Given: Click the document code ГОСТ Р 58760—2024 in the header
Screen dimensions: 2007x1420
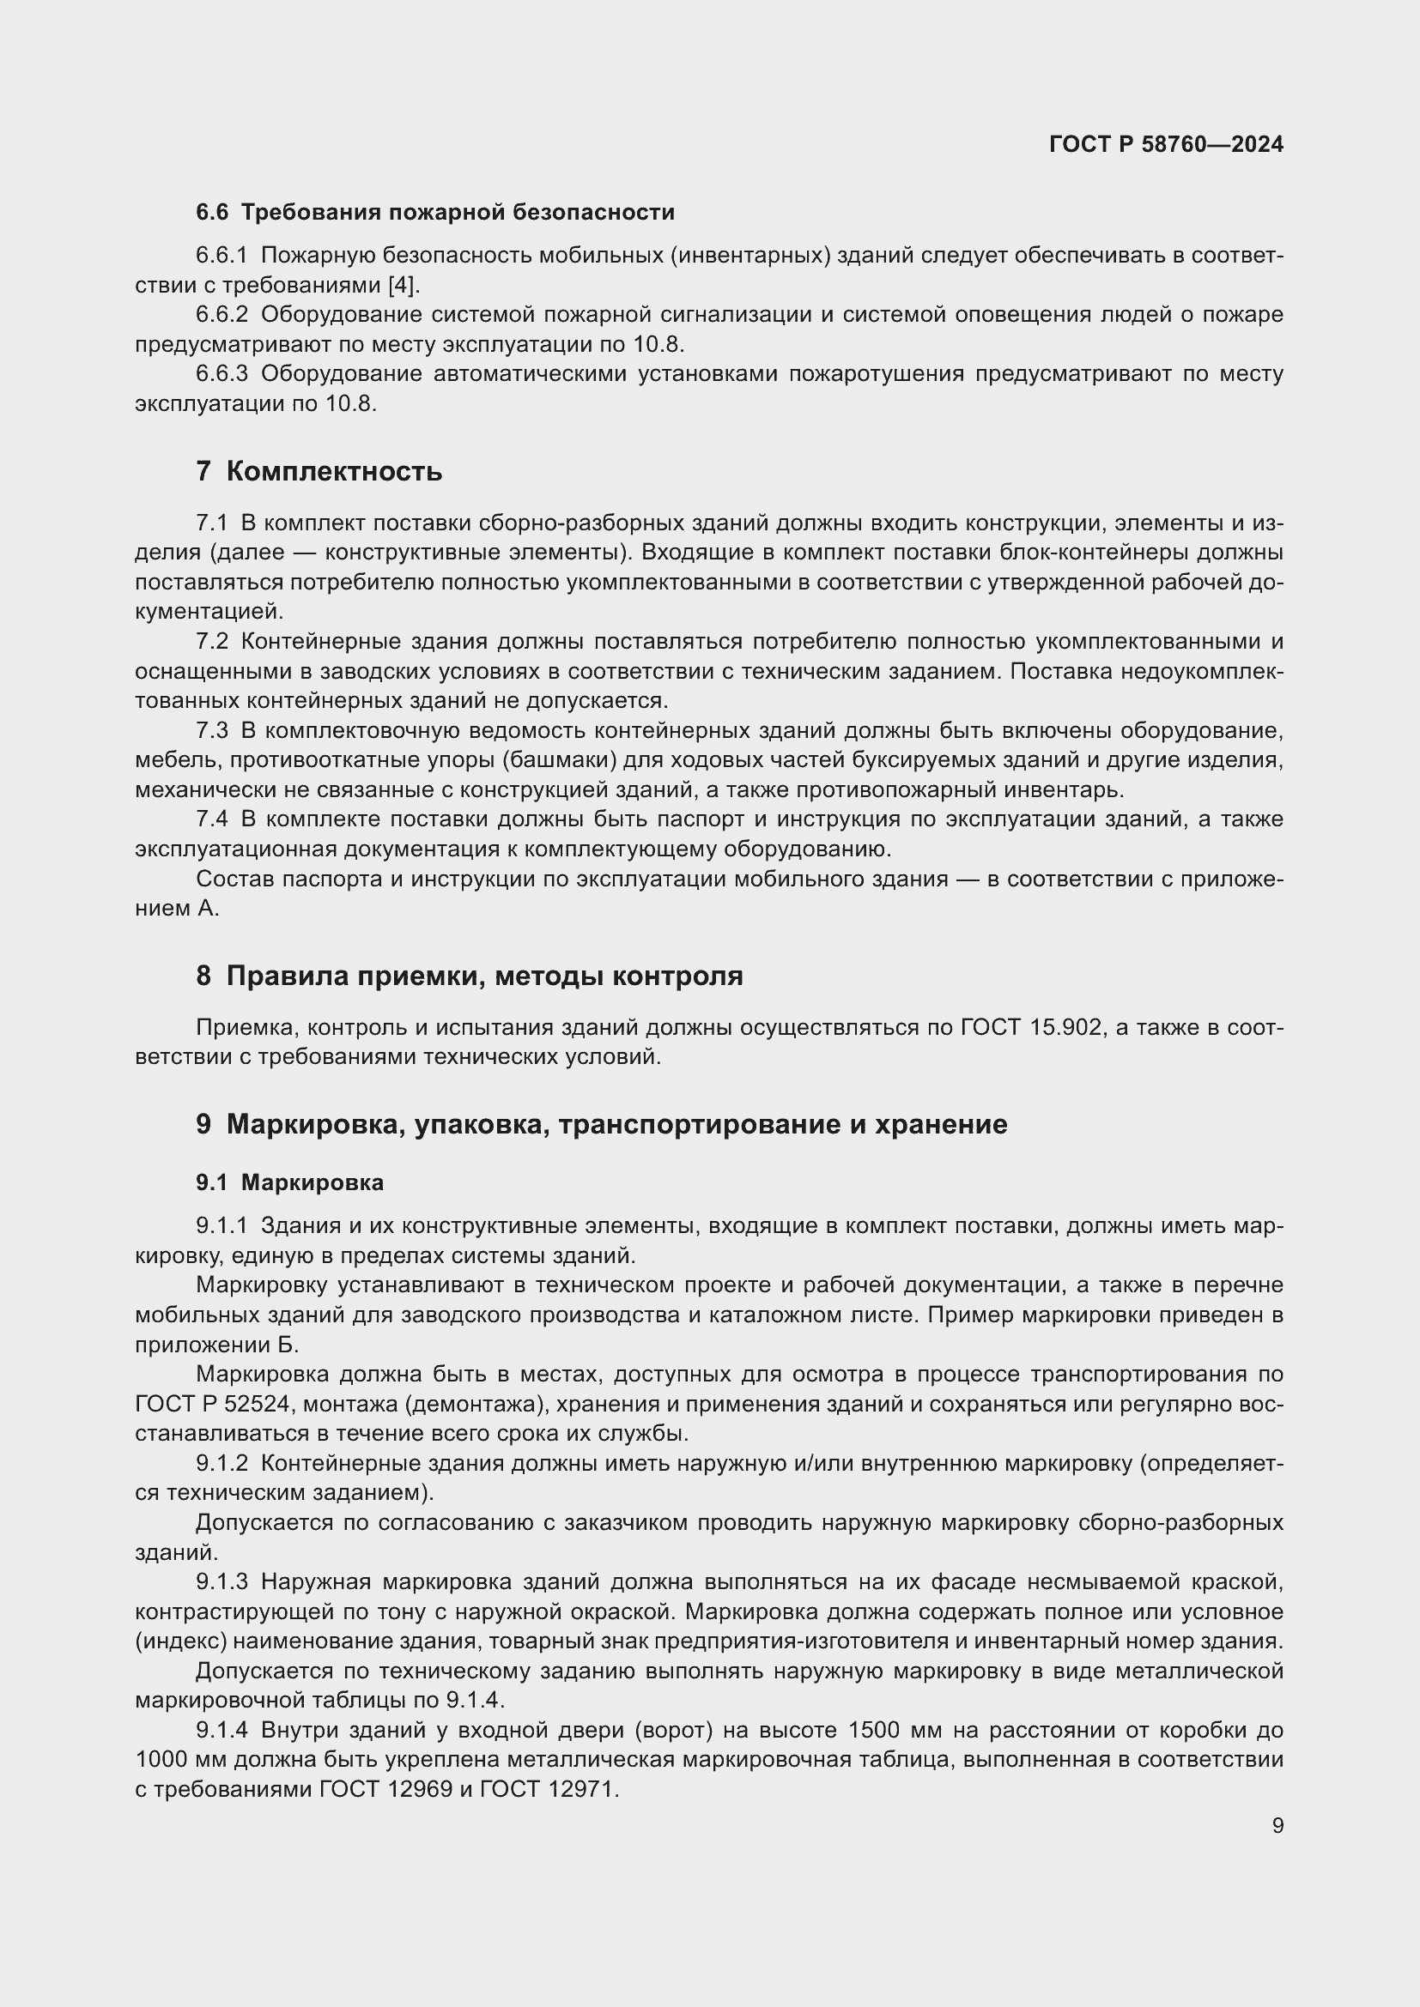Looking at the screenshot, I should tap(1166, 144).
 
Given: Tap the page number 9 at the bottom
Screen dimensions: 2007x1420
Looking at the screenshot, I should tap(1277, 1825).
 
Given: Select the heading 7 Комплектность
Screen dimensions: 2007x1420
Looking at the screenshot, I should tap(319, 472).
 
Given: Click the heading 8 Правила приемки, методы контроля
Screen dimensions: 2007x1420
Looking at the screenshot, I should tap(470, 976).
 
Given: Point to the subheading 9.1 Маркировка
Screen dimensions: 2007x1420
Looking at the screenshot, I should tap(289, 1182).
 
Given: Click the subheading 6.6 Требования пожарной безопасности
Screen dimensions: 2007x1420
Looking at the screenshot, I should tap(434, 213).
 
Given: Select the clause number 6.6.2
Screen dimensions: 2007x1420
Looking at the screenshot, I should tap(222, 315).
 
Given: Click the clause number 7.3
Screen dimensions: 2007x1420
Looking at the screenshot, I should tap(212, 731).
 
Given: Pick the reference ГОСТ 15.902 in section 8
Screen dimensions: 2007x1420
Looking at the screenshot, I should tap(1032, 1027).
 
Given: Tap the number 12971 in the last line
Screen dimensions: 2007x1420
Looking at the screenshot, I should tap(582, 1789).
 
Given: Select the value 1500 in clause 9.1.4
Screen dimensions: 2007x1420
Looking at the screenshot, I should tap(877, 1730).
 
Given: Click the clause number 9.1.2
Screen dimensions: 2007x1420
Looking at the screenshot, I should tap(222, 1463).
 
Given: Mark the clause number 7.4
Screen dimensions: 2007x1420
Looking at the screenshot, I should tap(212, 819).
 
